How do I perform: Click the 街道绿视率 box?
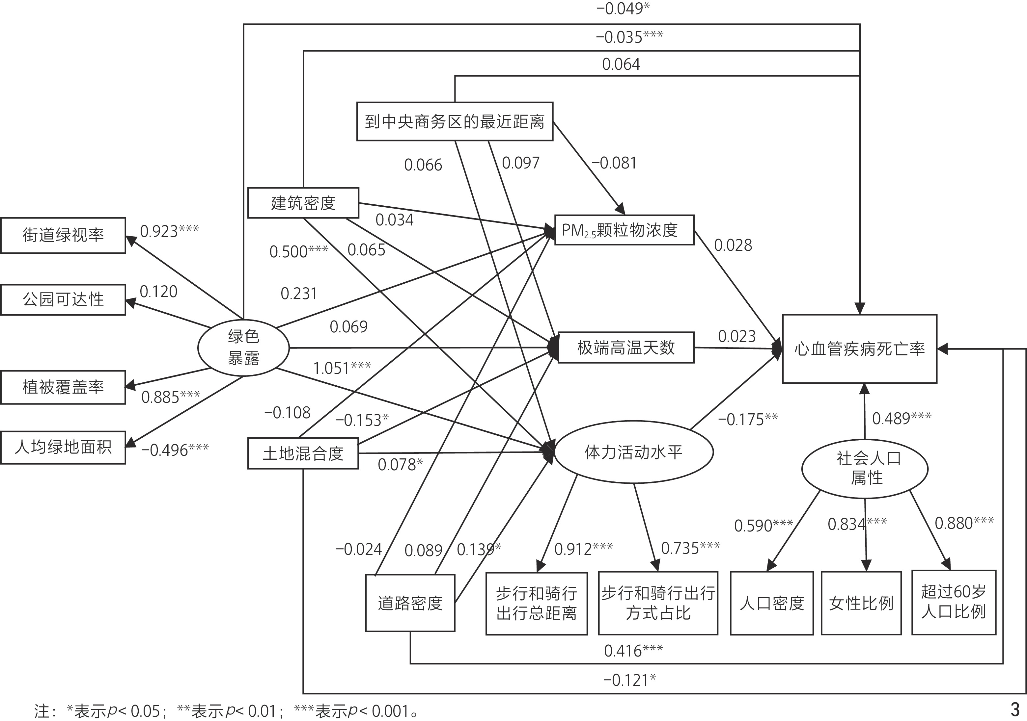(x=63, y=236)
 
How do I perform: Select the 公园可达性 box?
(x=63, y=299)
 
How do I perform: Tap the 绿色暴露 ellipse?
(x=243, y=347)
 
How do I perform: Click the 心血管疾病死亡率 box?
(x=859, y=349)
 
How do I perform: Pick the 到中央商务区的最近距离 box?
(x=455, y=121)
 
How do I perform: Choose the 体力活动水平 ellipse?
(x=633, y=452)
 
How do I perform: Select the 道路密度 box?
(x=410, y=603)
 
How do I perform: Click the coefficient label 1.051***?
(x=342, y=368)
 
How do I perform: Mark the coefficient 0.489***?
(x=901, y=418)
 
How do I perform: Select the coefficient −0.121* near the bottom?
(x=630, y=680)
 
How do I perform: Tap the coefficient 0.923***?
(x=169, y=231)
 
